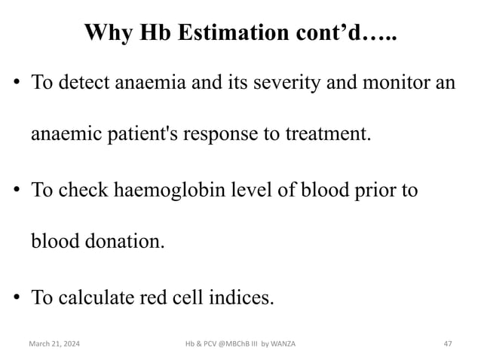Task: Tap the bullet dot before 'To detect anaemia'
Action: [x=15, y=82]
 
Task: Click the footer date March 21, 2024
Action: [x=56, y=344]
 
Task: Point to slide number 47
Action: [x=447, y=344]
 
